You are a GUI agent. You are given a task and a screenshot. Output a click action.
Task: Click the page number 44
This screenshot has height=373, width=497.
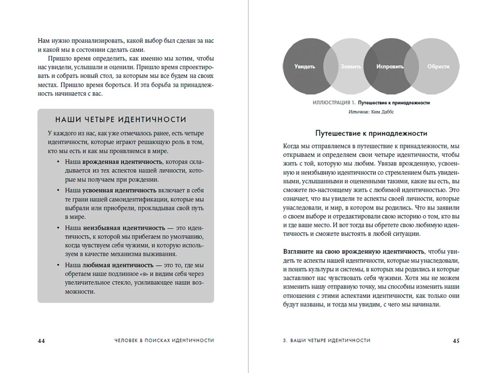click(41, 341)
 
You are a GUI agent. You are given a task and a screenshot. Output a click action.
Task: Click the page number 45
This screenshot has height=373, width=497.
click(456, 341)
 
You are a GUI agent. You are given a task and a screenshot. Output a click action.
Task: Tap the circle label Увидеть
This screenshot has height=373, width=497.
click(305, 67)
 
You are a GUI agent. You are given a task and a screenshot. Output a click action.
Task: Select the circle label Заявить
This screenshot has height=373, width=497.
click(351, 67)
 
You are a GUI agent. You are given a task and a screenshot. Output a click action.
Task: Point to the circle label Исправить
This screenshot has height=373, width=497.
click(390, 67)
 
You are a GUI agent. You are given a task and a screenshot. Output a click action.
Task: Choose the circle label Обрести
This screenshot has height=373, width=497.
click(438, 67)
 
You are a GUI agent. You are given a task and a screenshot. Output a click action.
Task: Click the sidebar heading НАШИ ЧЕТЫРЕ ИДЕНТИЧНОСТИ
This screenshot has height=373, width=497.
click(121, 120)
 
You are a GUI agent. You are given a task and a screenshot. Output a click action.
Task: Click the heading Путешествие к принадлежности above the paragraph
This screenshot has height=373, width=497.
click(371, 133)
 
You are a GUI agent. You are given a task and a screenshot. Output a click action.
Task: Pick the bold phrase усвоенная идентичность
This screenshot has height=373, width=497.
click(119, 190)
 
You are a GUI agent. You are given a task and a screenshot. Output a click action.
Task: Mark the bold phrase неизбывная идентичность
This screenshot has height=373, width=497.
click(124, 228)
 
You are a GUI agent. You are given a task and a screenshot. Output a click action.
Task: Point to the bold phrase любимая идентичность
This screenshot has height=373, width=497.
click(118, 265)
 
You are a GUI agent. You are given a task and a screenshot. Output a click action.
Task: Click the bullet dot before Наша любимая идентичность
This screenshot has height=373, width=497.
click(58, 265)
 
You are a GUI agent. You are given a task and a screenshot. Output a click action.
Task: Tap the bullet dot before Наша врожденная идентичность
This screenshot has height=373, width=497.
click(58, 162)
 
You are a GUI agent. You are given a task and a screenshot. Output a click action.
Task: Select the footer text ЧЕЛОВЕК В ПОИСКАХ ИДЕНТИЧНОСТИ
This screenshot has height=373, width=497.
click(164, 340)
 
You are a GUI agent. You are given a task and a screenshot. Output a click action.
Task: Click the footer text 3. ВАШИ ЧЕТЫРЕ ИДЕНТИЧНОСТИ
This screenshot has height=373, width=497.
click(327, 340)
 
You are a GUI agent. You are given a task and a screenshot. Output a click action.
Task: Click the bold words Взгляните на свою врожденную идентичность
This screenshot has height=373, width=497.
click(354, 252)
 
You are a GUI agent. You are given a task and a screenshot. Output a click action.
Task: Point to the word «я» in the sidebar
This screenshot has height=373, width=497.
click(143, 274)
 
